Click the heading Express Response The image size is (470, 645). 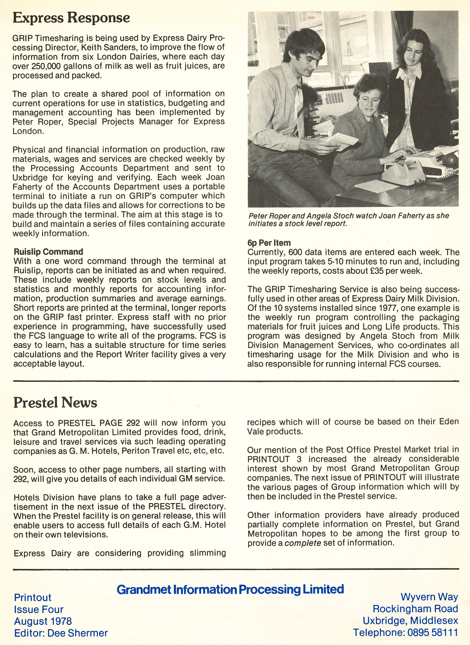point(71,18)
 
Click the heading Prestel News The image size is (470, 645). point(55,402)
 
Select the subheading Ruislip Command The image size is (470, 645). point(48,252)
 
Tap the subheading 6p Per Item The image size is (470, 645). point(269,243)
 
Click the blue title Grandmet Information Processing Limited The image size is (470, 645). point(230,589)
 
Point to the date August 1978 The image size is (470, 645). point(43,621)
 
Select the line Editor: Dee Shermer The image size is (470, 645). point(61,633)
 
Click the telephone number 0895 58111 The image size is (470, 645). point(432,632)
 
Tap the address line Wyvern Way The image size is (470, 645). point(429,597)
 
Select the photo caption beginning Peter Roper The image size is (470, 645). point(348,220)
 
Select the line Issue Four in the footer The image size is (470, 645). point(38,609)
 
